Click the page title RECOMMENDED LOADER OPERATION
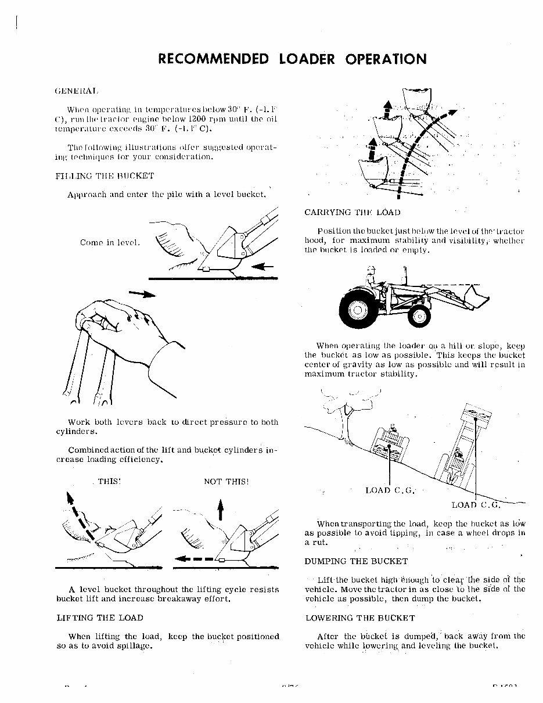(x=292, y=59)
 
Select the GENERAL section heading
(x=76, y=91)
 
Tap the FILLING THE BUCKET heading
(x=105, y=175)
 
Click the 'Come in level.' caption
(x=110, y=242)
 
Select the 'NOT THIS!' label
(x=226, y=482)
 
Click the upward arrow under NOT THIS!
(x=220, y=511)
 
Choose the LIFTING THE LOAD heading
(x=99, y=618)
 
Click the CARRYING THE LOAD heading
(x=352, y=213)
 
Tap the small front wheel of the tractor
(x=419, y=315)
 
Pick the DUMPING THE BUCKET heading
(x=356, y=561)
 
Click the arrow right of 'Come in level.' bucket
(x=264, y=267)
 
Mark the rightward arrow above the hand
(x=142, y=295)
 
